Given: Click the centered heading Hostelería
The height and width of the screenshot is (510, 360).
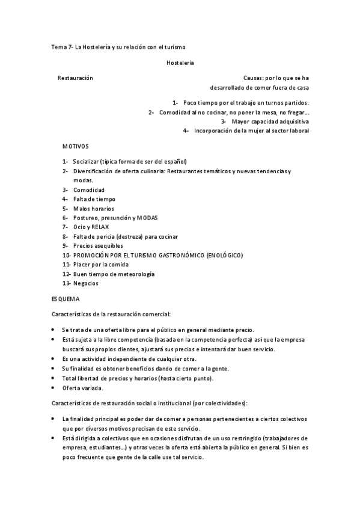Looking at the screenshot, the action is pyautogui.click(x=180, y=62).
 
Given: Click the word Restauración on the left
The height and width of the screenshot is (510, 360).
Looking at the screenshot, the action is pyautogui.click(x=75, y=78).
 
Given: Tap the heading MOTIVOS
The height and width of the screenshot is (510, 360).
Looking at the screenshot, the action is pyautogui.click(x=75, y=146).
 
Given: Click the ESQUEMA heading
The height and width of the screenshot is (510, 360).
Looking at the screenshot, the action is pyautogui.click(x=66, y=298).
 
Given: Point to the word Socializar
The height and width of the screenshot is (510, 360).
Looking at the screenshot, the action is pyautogui.click(x=87, y=161).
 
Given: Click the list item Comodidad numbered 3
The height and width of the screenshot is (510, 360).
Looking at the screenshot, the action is pyautogui.click(x=89, y=189).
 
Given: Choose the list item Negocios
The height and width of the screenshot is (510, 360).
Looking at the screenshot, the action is pyautogui.click(x=86, y=283).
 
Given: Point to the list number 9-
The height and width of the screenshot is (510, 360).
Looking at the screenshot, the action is pyautogui.click(x=65, y=246).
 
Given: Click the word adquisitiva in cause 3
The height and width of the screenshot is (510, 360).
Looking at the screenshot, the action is pyautogui.click(x=294, y=121).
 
